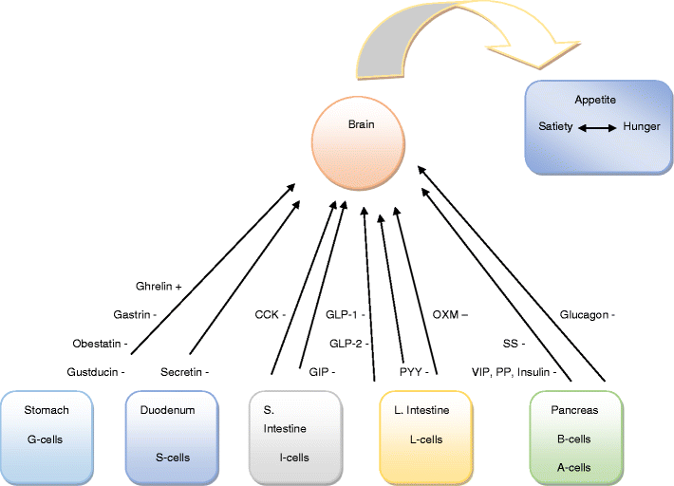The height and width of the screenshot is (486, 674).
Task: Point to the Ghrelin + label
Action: point(159,285)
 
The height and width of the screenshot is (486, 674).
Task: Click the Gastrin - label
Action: point(134,313)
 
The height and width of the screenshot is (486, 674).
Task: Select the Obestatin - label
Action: point(100,343)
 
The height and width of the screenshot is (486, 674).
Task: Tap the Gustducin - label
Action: point(96,372)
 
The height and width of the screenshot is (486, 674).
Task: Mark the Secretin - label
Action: point(184,372)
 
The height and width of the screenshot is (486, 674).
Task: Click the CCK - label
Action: point(270,313)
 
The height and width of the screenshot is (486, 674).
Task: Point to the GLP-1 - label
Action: point(346,313)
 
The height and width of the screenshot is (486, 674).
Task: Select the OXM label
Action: point(450,313)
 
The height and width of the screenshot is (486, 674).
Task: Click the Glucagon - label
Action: point(588,313)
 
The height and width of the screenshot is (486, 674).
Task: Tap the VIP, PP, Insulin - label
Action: point(514,372)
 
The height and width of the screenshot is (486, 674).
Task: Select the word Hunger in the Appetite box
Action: point(641,126)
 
